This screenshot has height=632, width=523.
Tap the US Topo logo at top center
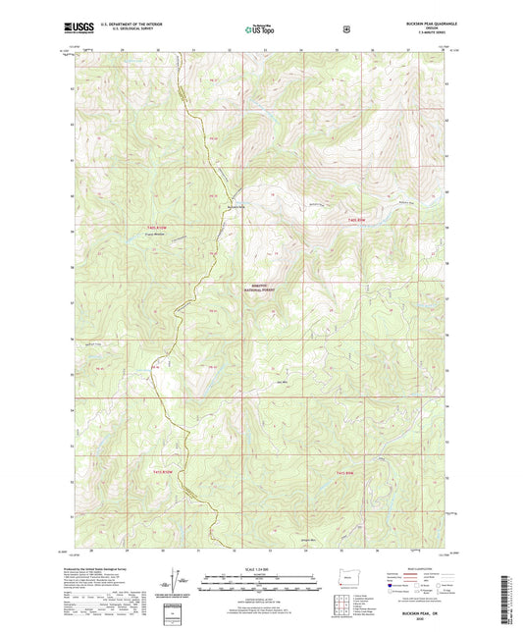point(261,30)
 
